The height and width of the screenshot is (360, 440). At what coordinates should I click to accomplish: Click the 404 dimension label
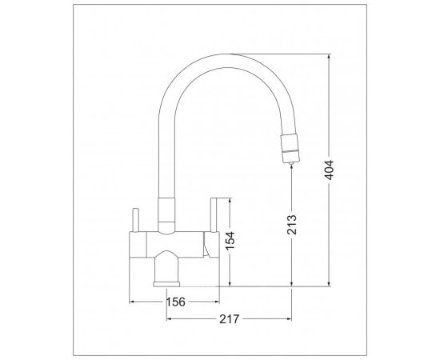click(329, 170)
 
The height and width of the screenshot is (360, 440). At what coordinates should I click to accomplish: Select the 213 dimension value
click(292, 225)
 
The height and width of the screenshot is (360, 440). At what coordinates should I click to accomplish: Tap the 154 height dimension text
click(230, 241)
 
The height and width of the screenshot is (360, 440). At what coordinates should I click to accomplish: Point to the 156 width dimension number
click(176, 302)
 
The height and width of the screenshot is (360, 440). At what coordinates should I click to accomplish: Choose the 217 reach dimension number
click(229, 319)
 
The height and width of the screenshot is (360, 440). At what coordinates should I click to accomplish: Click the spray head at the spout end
click(290, 148)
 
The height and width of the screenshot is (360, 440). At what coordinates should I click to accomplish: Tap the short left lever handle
click(135, 220)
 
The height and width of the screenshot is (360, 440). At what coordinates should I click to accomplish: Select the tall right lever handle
click(214, 215)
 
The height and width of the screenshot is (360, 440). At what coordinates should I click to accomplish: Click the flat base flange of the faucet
click(166, 284)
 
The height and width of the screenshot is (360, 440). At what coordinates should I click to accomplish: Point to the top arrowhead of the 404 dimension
click(329, 56)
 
